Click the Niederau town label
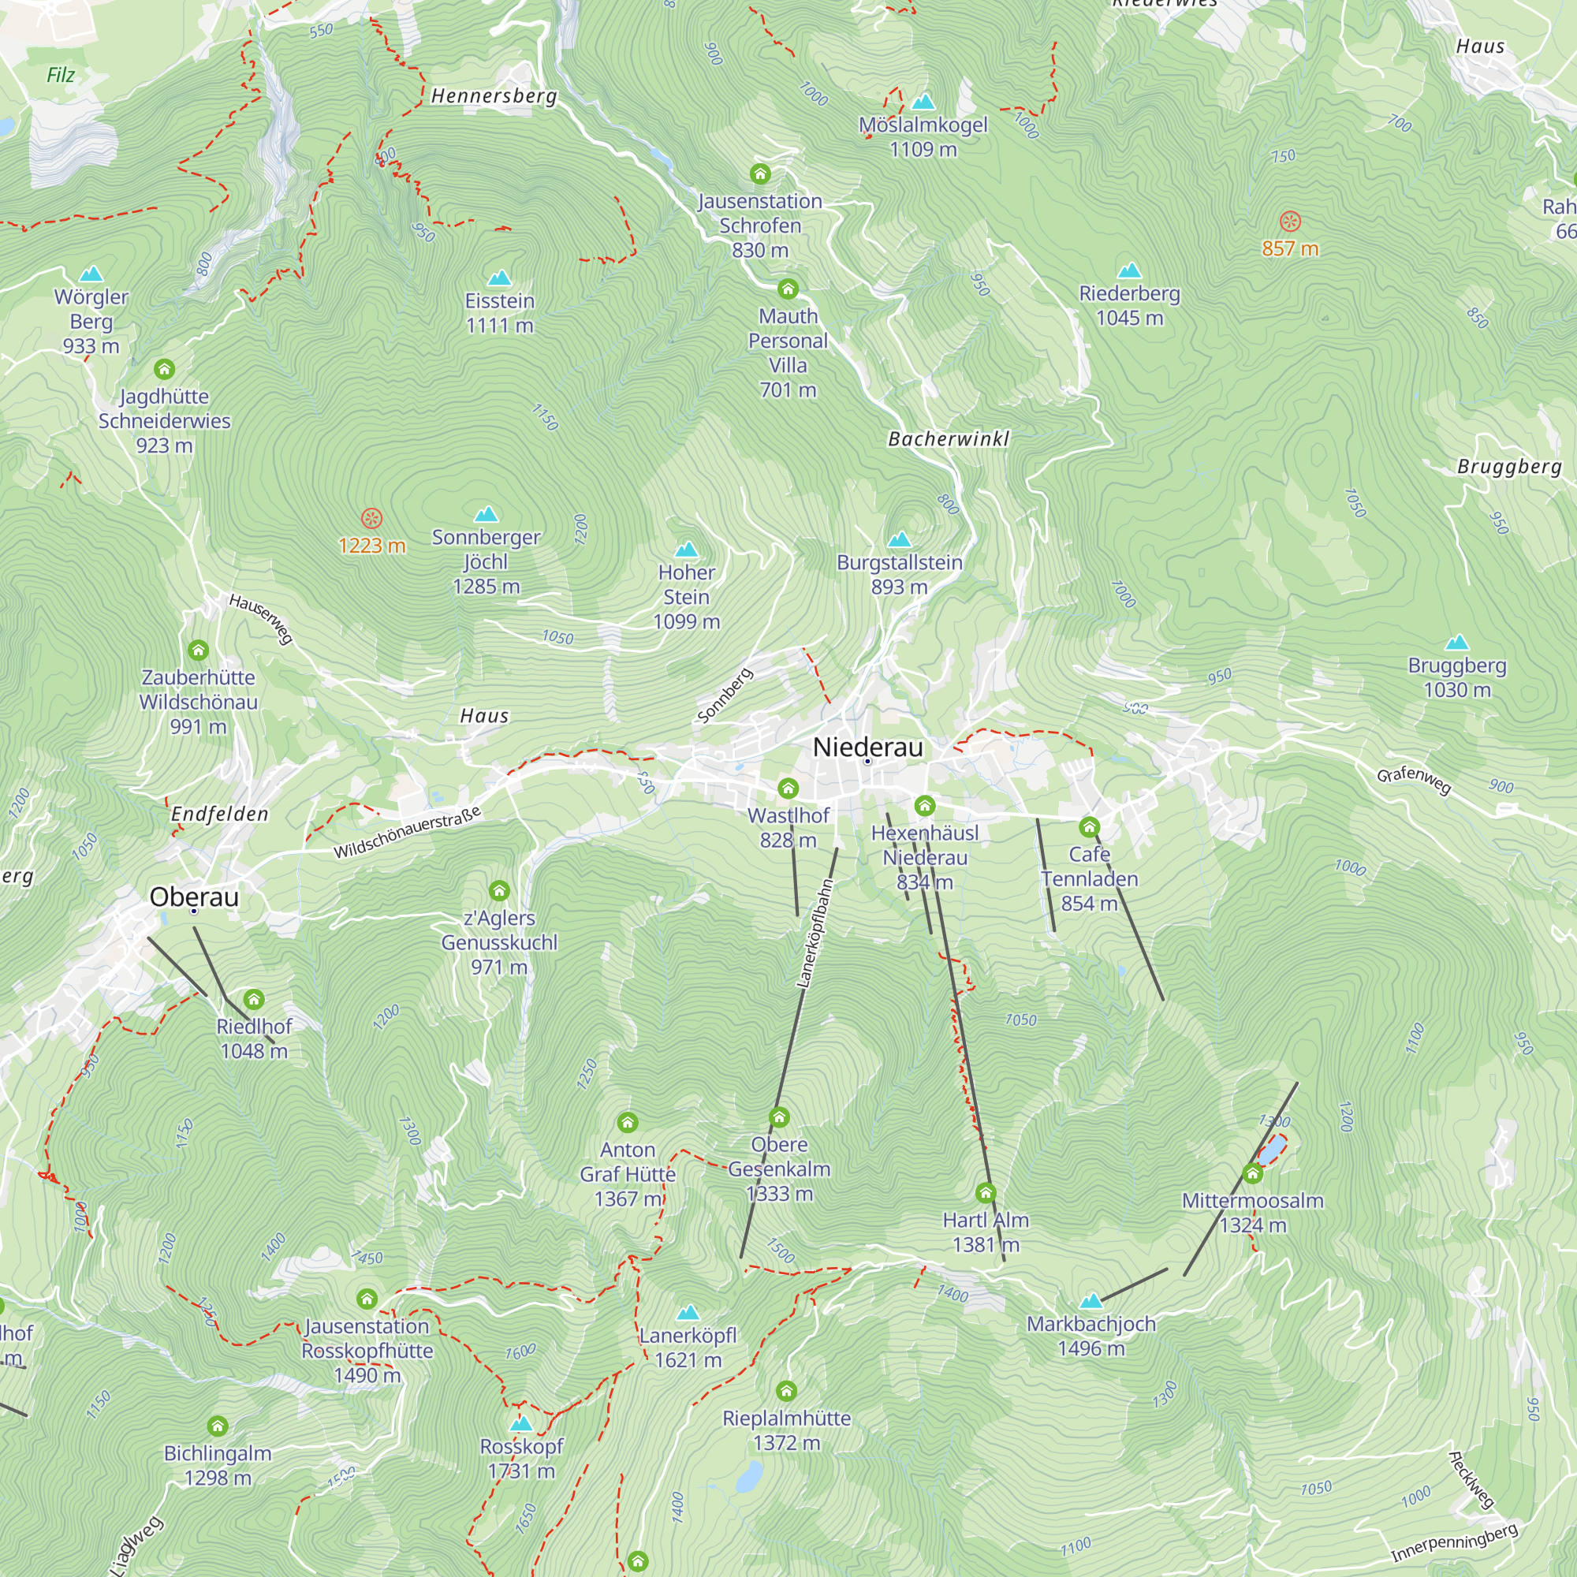[867, 747]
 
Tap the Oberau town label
[194, 897]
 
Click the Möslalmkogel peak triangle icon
[923, 102]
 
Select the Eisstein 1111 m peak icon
[500, 278]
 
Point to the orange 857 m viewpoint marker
[1290, 222]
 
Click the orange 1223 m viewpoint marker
[371, 518]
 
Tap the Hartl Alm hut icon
[985, 1193]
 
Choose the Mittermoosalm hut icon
[1252, 1174]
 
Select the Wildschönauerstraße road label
[408, 833]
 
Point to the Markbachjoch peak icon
[1090, 1301]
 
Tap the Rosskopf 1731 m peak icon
[520, 1423]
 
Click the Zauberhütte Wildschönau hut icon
[199, 651]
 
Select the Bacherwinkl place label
[949, 439]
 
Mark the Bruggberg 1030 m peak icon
[1456, 643]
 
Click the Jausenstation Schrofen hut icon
[760, 173]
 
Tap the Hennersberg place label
[494, 96]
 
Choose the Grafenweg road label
[1414, 781]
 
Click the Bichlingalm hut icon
[217, 1426]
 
